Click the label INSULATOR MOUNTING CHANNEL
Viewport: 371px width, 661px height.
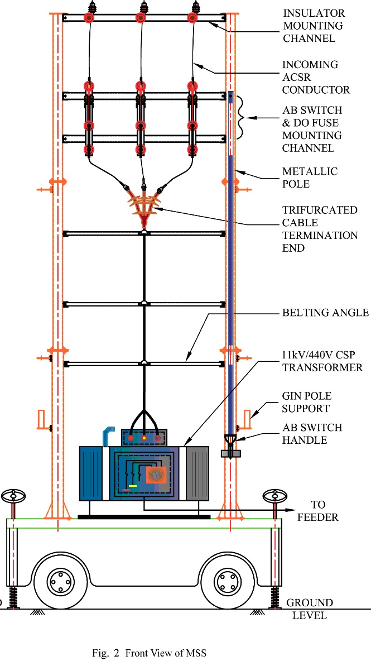(x=313, y=26)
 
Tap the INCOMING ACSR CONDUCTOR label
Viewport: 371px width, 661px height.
(x=316, y=77)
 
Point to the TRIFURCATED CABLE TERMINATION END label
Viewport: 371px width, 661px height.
(x=320, y=229)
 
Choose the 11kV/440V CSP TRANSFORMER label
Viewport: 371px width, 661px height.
(x=322, y=361)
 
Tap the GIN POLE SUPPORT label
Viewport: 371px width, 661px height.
(x=305, y=402)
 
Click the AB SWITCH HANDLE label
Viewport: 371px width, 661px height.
(x=312, y=434)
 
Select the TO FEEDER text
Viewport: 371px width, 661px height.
(x=317, y=511)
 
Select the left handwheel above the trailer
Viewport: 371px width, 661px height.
(x=13, y=495)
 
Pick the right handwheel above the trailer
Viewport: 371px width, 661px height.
(x=275, y=495)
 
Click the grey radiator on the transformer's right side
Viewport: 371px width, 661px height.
(x=197, y=473)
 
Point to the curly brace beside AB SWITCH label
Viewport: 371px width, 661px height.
(x=242, y=117)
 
